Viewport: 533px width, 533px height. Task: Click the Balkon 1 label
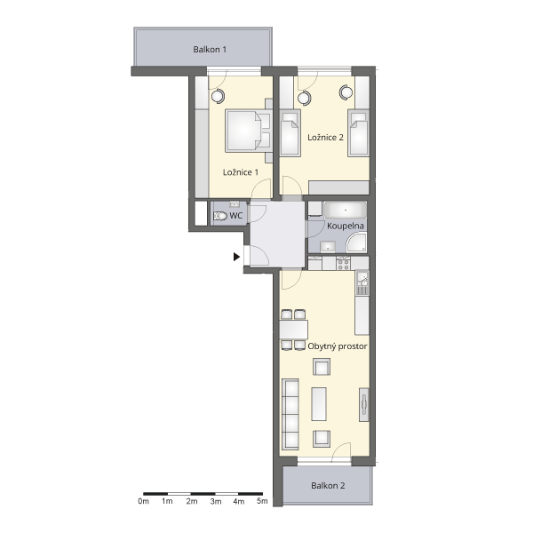coord(210,49)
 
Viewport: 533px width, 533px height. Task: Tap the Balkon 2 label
coord(328,485)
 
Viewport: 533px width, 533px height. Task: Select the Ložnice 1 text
coord(241,172)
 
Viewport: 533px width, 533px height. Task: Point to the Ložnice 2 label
coord(325,138)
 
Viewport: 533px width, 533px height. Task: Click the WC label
coord(236,216)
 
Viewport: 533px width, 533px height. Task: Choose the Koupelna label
coord(346,226)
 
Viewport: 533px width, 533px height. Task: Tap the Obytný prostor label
coord(338,346)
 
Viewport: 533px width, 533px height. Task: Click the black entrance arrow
coord(237,257)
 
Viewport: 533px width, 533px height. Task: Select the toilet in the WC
coord(220,216)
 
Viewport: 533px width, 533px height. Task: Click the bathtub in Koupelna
coord(346,210)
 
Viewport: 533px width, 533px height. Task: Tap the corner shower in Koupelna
coord(356,243)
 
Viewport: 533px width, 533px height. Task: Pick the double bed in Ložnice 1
coord(249,131)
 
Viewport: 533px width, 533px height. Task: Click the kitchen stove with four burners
coord(343,264)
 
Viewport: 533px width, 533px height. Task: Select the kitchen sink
coord(362,282)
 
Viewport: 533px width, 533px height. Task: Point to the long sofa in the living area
coord(290,414)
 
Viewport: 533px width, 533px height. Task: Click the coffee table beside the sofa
coord(319,404)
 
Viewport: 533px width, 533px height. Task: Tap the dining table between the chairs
coord(294,330)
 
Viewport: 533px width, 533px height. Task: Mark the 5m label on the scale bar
coord(262,501)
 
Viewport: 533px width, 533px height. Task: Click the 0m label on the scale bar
coord(143,501)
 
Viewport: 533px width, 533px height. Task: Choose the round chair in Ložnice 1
coord(218,96)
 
